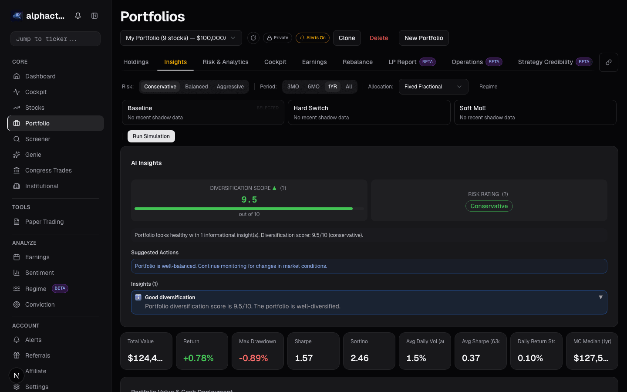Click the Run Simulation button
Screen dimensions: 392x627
pos(151,136)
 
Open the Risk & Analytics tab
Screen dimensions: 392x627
pos(226,62)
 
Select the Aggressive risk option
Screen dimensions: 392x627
pos(230,87)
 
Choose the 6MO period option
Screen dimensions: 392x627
pos(313,87)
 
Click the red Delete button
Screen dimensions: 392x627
pos(379,38)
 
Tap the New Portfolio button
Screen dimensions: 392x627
pos(424,38)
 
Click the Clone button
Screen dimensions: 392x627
pos(347,38)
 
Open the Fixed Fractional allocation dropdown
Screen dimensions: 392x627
pos(433,87)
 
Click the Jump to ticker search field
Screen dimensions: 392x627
pos(55,39)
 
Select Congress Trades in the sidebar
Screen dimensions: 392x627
pos(48,170)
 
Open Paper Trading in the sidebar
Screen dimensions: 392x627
pos(44,222)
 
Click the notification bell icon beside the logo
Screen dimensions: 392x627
pos(78,16)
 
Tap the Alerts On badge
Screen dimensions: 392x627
pos(313,38)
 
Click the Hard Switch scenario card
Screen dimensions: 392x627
pos(369,112)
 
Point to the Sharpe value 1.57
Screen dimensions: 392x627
pos(304,358)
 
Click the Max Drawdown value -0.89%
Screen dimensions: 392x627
pos(253,358)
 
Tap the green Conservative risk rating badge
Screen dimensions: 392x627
pos(489,206)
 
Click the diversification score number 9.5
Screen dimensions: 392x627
pos(249,199)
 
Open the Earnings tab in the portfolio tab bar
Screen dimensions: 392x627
pos(314,62)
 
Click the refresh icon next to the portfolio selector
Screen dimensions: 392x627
pos(253,38)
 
